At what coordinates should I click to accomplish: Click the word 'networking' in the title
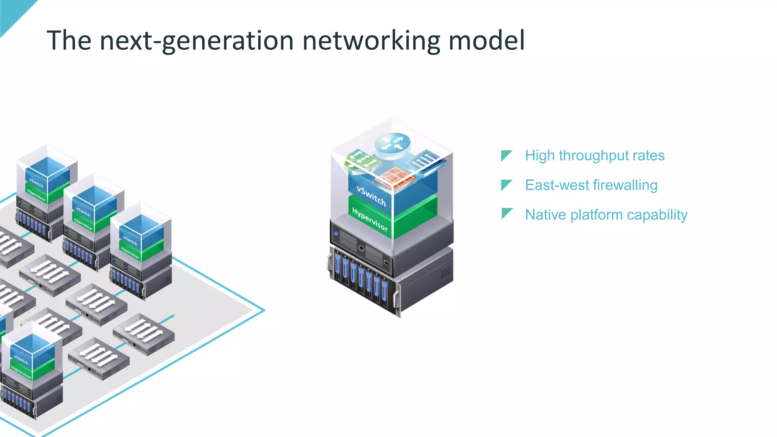pyautogui.click(x=371, y=41)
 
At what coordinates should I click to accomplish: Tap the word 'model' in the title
pyautogui.click(x=487, y=40)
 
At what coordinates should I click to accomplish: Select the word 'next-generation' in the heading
pyautogui.click(x=197, y=41)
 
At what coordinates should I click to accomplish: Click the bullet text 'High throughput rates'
pyautogui.click(x=595, y=156)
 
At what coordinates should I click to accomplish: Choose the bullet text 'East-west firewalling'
pyautogui.click(x=591, y=185)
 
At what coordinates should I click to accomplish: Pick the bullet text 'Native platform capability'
pyautogui.click(x=606, y=215)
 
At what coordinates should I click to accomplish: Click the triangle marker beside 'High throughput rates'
pyautogui.click(x=506, y=155)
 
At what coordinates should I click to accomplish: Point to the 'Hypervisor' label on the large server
pyautogui.click(x=370, y=219)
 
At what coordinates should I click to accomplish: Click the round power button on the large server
pyautogui.click(x=361, y=249)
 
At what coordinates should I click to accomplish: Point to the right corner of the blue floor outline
pyautogui.click(x=264, y=310)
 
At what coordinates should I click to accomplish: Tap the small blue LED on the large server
pyautogui.click(x=336, y=234)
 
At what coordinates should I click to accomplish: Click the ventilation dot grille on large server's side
pyautogui.click(x=445, y=272)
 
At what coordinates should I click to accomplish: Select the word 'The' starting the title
pyautogui.click(x=69, y=41)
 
